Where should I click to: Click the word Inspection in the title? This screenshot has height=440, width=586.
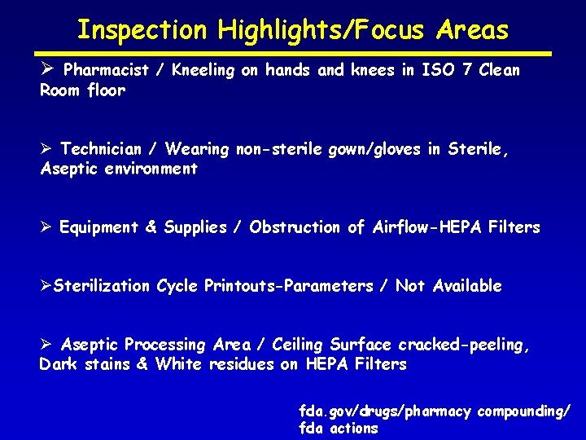pos(142,30)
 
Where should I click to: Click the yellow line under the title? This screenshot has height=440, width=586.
pos(292,54)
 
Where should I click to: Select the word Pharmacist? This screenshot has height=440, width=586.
pos(106,70)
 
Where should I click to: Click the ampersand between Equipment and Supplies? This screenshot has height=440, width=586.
pos(151,227)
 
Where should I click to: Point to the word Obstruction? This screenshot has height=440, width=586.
pos(295,227)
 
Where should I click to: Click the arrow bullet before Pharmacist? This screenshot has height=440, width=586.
pos(47,70)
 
